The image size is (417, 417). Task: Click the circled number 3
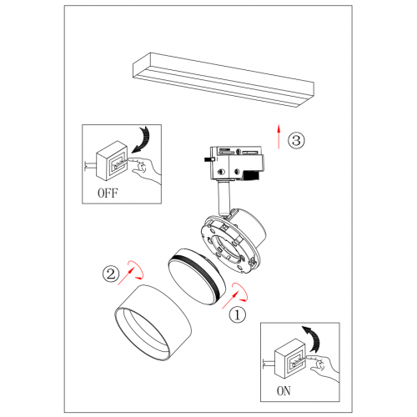(296, 140)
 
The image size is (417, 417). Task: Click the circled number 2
(111, 274)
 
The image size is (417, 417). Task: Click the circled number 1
(237, 314)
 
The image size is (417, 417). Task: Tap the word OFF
(108, 193)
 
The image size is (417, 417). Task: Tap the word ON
(284, 391)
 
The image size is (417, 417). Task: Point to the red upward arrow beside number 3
(279, 137)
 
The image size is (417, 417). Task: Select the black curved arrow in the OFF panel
(143, 139)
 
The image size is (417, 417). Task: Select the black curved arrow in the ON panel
(314, 339)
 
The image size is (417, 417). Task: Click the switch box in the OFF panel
(112, 161)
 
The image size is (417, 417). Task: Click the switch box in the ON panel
(290, 359)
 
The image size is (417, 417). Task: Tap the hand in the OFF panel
(145, 169)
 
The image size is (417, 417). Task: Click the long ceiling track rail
(224, 80)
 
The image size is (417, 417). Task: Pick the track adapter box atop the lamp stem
(236, 163)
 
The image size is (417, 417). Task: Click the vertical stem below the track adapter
(224, 198)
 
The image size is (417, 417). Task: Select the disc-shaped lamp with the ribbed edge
(197, 276)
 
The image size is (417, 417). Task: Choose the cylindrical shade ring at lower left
(153, 324)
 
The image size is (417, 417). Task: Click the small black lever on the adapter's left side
(209, 159)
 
